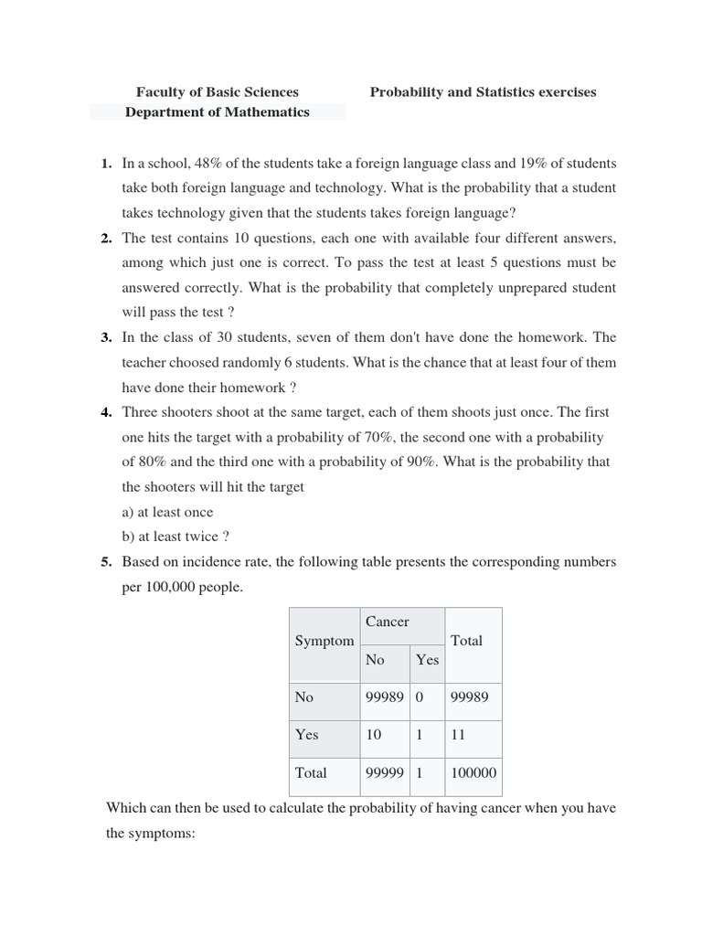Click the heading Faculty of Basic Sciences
(x=217, y=91)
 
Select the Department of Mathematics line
(x=217, y=112)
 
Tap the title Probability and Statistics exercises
(x=483, y=91)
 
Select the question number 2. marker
(x=106, y=238)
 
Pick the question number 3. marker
(x=106, y=337)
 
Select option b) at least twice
(x=175, y=537)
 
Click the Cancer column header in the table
(x=387, y=622)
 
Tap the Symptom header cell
(x=324, y=641)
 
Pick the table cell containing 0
(x=420, y=697)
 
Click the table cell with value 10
(x=375, y=734)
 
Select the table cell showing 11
(x=459, y=734)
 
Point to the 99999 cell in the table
(x=384, y=772)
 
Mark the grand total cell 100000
(x=473, y=772)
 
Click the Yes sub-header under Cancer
(x=427, y=659)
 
